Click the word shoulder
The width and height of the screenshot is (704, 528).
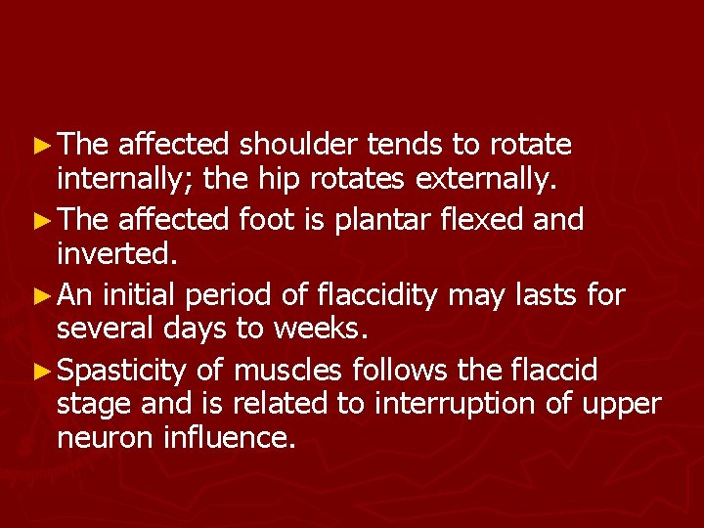tap(300, 146)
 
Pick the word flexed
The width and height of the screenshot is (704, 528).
tap(469, 220)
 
